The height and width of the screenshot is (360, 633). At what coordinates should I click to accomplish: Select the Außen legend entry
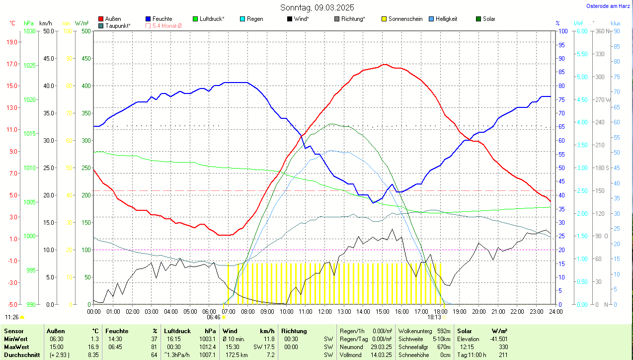[x=113, y=19]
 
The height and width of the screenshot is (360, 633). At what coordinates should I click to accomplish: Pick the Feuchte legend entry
[x=162, y=19]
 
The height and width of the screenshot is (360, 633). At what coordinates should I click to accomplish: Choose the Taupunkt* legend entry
[x=118, y=25]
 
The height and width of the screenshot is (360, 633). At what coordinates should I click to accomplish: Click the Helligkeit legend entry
[x=446, y=19]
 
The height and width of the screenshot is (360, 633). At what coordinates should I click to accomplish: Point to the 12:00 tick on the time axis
[x=325, y=312]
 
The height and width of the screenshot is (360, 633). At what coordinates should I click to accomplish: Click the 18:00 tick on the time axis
[x=440, y=312]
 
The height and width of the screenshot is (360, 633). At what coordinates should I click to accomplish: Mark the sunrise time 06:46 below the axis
[x=214, y=317]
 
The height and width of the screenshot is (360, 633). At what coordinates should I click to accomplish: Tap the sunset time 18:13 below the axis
[x=434, y=317]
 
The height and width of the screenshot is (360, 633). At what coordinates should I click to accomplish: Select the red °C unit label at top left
[x=12, y=23]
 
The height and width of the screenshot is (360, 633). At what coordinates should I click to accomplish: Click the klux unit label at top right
[x=615, y=23]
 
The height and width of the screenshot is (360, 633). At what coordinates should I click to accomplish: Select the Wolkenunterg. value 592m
[x=444, y=331]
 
